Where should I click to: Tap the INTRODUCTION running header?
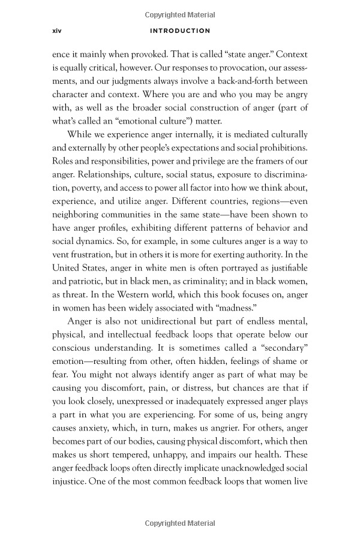pos(180,31)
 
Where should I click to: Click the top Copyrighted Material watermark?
pos(180,14)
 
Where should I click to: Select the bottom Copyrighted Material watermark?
pos(180,523)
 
